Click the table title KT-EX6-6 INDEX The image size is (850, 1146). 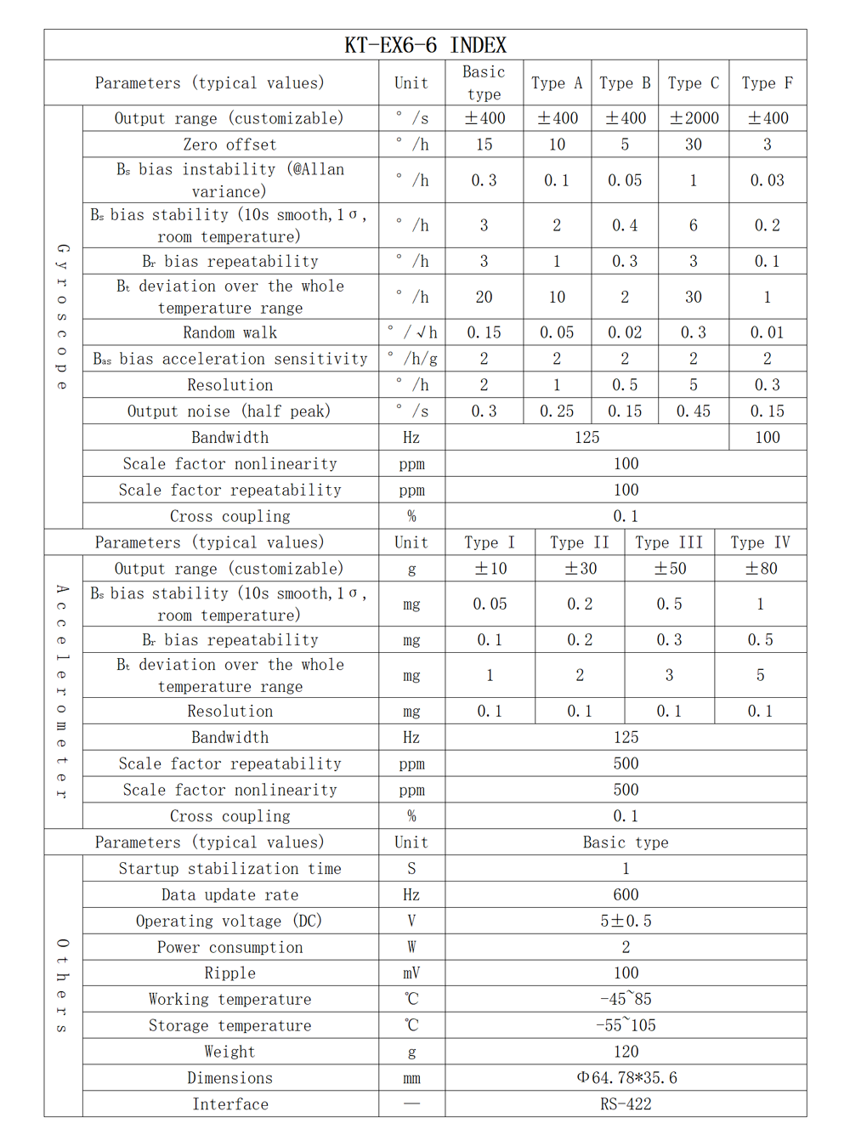pos(425,45)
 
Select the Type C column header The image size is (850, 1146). pos(693,83)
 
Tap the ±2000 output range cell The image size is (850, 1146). pos(694,118)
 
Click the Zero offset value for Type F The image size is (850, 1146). pos(767,145)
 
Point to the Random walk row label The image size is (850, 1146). pos(229,332)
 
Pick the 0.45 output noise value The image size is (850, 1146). pos(693,411)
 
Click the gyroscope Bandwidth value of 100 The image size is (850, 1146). pos(767,438)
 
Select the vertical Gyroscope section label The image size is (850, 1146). pos(63,317)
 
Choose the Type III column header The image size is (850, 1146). pos(669,542)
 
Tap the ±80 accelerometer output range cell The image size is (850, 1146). pos(761,569)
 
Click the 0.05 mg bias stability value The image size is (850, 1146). pos(490,604)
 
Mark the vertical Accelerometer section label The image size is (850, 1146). pos(63,691)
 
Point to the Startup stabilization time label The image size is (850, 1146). pos(229,869)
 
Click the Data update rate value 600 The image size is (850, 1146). pos(626,895)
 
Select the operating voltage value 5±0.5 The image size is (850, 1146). pos(626,922)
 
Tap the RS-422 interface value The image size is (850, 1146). pos(626,1104)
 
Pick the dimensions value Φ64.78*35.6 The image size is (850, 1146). pos(626,1078)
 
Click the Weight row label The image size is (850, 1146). pos(229,1052)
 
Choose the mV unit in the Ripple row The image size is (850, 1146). pos(411,973)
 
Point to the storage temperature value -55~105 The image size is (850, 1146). pos(626,1026)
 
